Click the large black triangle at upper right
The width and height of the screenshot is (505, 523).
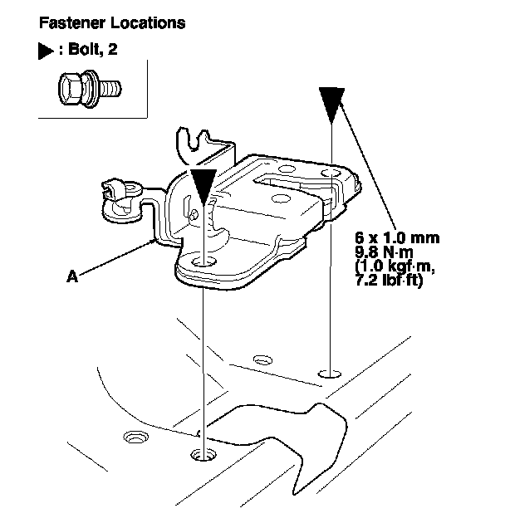(331, 102)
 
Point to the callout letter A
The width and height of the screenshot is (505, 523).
(72, 279)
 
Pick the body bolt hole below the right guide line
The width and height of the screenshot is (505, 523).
(331, 374)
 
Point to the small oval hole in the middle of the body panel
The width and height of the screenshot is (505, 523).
(262, 360)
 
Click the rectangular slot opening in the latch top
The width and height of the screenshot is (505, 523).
(282, 179)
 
